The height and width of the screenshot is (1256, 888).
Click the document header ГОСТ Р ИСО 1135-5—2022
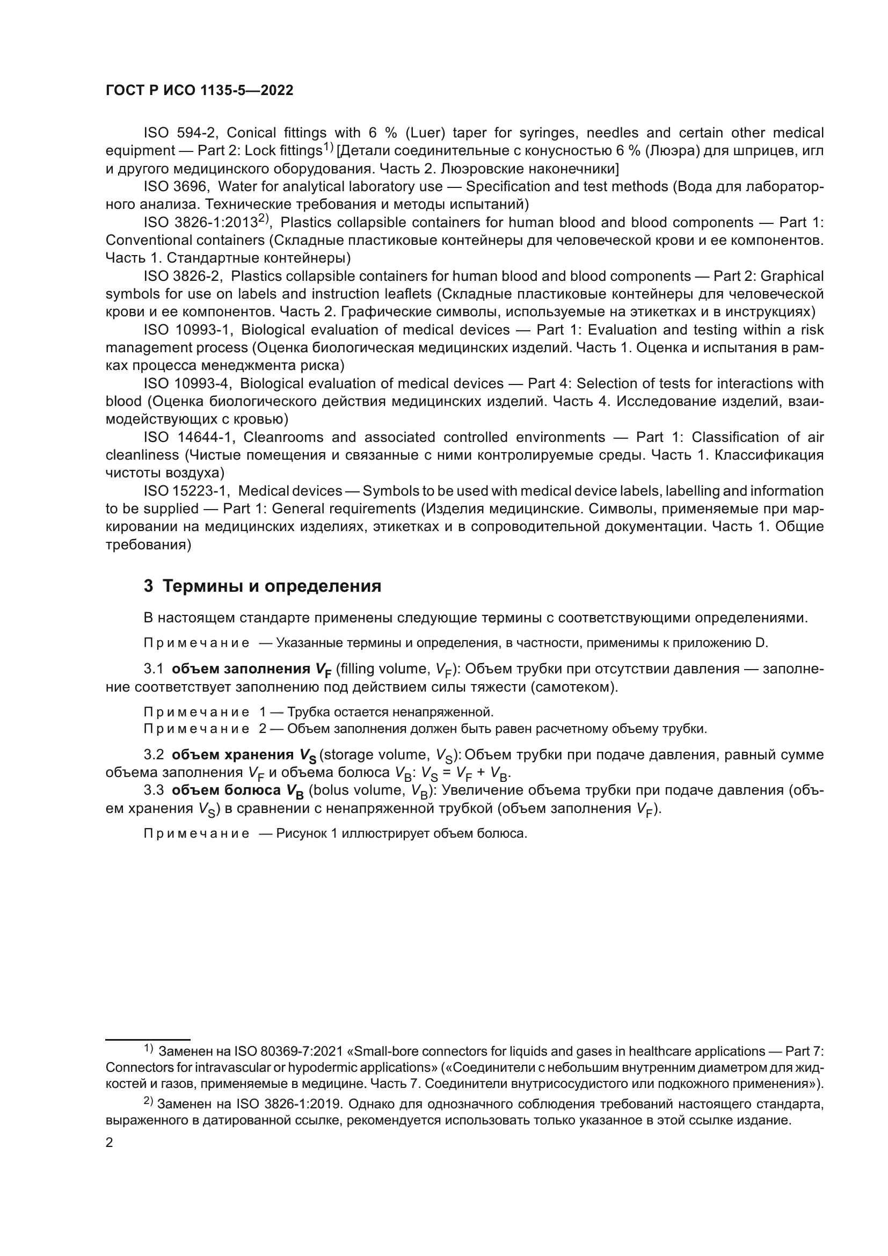(x=199, y=91)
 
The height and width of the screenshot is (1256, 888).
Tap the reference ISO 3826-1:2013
(x=201, y=223)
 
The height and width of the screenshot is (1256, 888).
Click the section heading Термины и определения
(x=272, y=586)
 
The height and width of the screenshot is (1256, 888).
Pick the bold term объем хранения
(x=232, y=755)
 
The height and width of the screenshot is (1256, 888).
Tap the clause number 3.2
(x=154, y=755)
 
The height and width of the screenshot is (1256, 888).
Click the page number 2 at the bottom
(x=110, y=1143)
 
